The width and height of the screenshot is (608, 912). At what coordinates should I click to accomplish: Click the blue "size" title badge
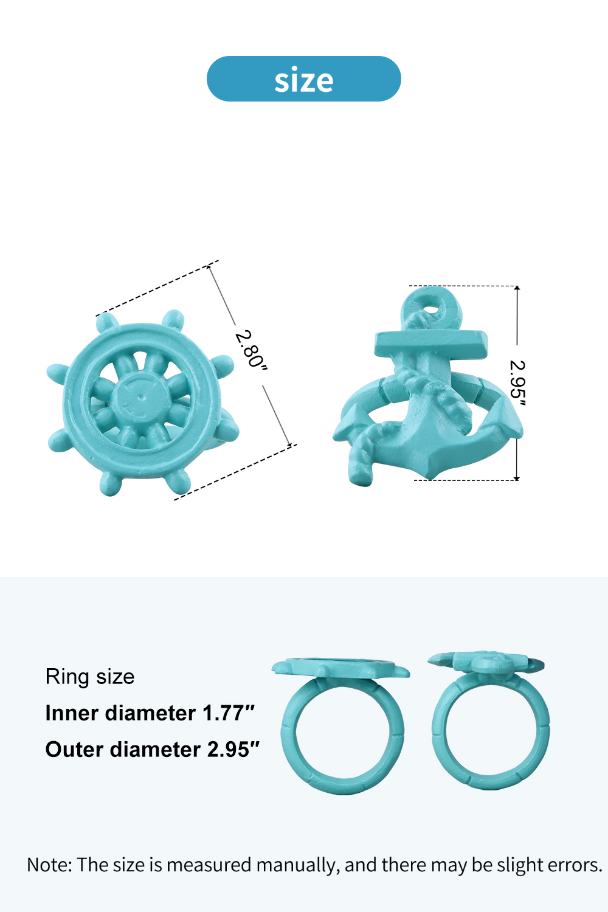pos(304,79)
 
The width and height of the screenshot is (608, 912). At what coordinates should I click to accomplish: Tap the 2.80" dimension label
pos(251,350)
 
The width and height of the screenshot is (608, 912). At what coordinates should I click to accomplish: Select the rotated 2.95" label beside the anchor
pos(517,382)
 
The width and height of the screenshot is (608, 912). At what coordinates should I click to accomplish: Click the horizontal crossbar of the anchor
pos(431,345)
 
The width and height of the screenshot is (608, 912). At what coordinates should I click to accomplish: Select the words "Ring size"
pos(90,677)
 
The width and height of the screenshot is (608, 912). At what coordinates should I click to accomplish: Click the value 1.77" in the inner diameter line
pos(229,713)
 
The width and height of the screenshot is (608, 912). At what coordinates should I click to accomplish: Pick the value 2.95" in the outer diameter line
pos(233,749)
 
